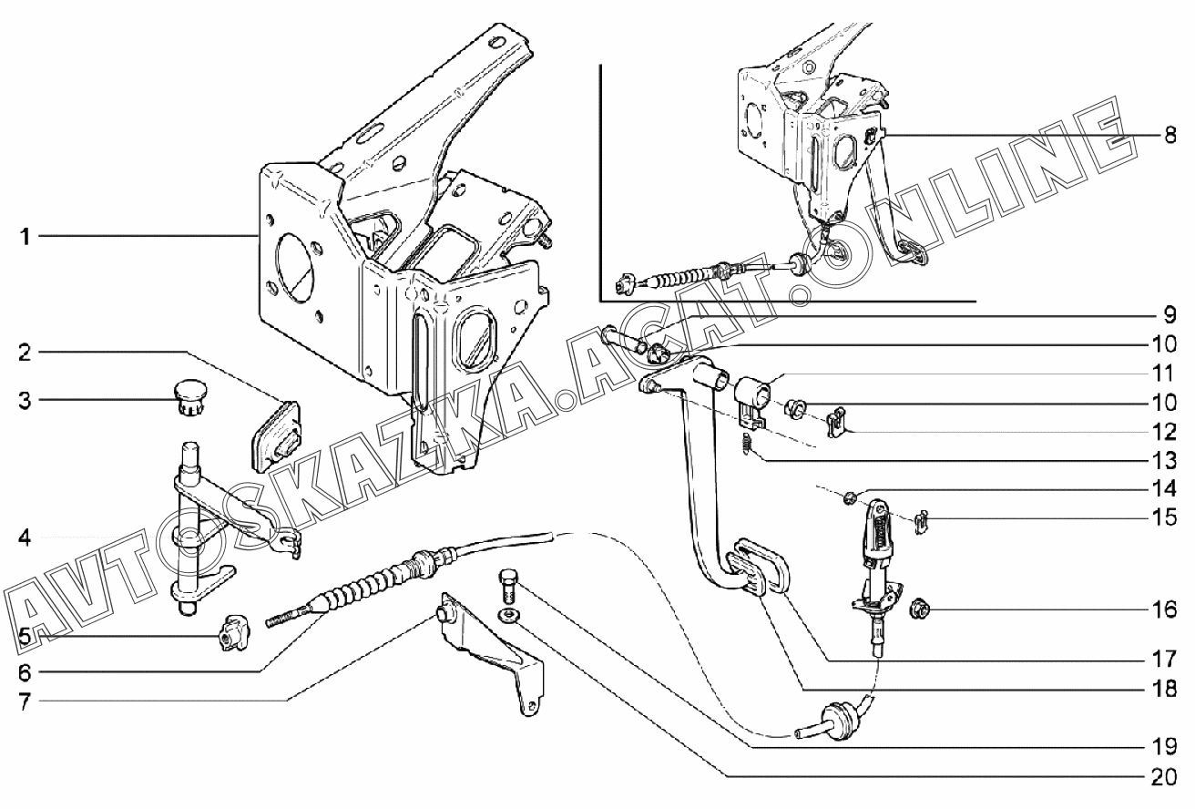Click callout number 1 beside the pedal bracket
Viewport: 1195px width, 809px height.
tap(26, 237)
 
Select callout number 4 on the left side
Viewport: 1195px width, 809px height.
tap(26, 538)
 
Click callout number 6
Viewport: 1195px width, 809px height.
tap(26, 673)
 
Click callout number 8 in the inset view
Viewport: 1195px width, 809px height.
tap(1169, 136)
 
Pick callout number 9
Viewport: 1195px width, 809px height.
tap(1169, 316)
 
